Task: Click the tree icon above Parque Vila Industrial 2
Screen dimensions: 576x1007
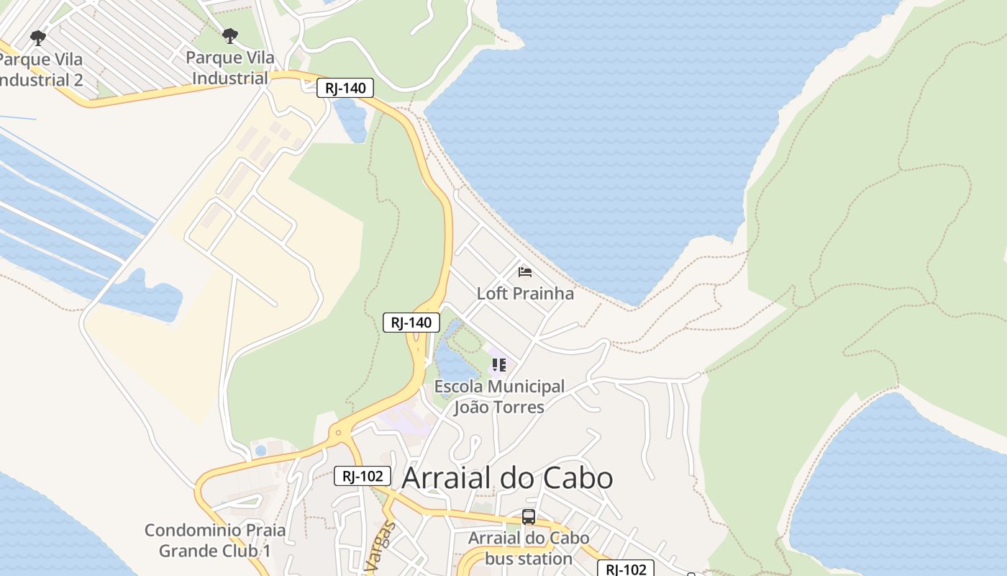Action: click(38, 37)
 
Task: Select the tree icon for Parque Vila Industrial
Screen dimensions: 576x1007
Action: click(229, 35)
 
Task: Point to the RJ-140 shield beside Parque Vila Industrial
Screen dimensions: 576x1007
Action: click(345, 89)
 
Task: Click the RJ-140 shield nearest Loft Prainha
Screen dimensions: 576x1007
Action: click(411, 323)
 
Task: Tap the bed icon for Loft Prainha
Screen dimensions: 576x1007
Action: click(525, 271)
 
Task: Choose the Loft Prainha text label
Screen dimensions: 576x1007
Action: click(525, 293)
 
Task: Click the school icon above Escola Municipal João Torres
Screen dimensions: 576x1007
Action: click(498, 365)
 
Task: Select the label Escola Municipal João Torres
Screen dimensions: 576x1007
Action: click(499, 397)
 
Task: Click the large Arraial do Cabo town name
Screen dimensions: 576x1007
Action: click(507, 478)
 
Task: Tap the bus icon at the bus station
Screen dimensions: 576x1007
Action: click(529, 516)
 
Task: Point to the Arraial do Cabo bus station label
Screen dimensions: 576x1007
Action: click(529, 548)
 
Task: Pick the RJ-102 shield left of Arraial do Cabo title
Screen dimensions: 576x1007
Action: click(363, 476)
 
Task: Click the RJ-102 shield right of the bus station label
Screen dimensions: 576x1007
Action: click(625, 569)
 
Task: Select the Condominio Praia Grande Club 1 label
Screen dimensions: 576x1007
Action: click(215, 540)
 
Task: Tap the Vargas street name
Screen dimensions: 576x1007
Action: click(381, 547)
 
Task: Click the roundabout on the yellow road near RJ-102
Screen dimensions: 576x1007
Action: click(338, 433)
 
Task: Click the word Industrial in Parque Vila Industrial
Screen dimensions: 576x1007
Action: click(230, 78)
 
